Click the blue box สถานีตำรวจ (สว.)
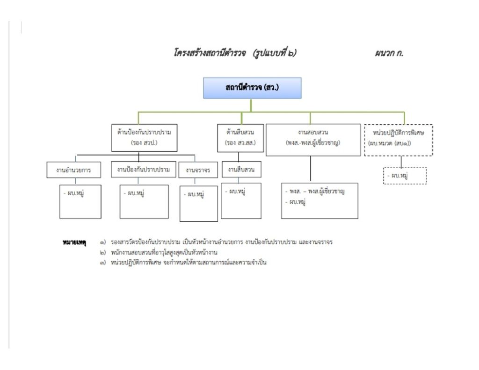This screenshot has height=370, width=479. (x=252, y=88)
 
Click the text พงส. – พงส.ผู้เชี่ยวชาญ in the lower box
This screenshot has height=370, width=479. (x=317, y=192)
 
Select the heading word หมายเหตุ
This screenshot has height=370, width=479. (x=74, y=242)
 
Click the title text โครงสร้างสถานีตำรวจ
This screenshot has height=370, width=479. (x=210, y=53)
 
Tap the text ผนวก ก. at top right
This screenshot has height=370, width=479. (x=389, y=53)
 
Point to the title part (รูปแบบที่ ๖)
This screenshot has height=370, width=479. (x=275, y=53)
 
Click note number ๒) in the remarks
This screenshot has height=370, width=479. (x=103, y=253)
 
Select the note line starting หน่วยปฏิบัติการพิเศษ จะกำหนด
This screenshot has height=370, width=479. (x=189, y=263)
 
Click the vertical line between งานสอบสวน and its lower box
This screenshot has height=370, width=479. (x=311, y=169)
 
